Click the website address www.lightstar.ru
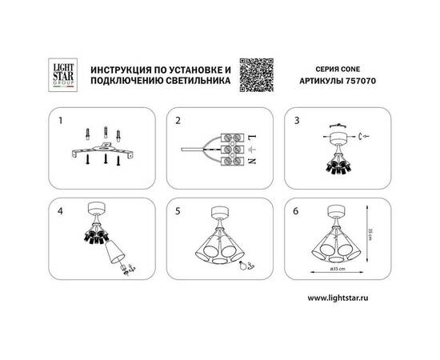pos(343,298)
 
